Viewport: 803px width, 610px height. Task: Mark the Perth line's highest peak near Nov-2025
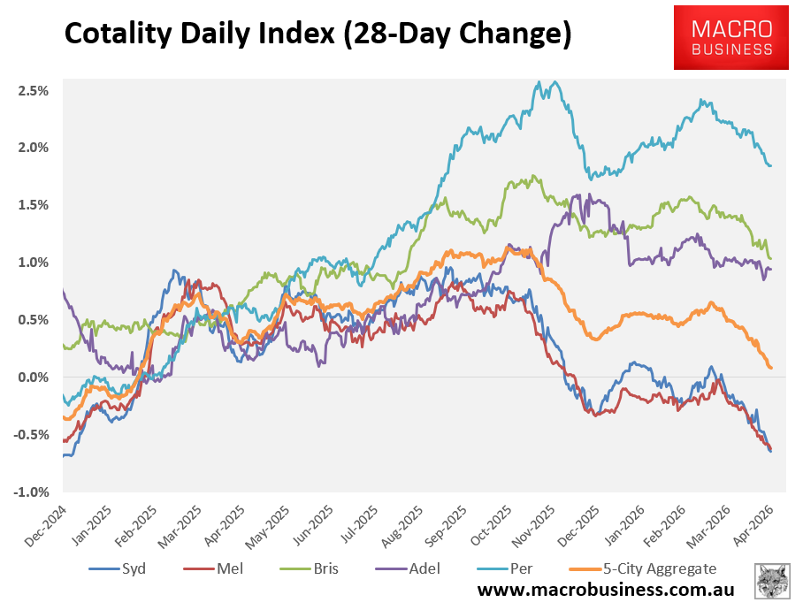point(539,81)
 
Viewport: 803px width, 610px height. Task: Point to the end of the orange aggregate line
point(771,367)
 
